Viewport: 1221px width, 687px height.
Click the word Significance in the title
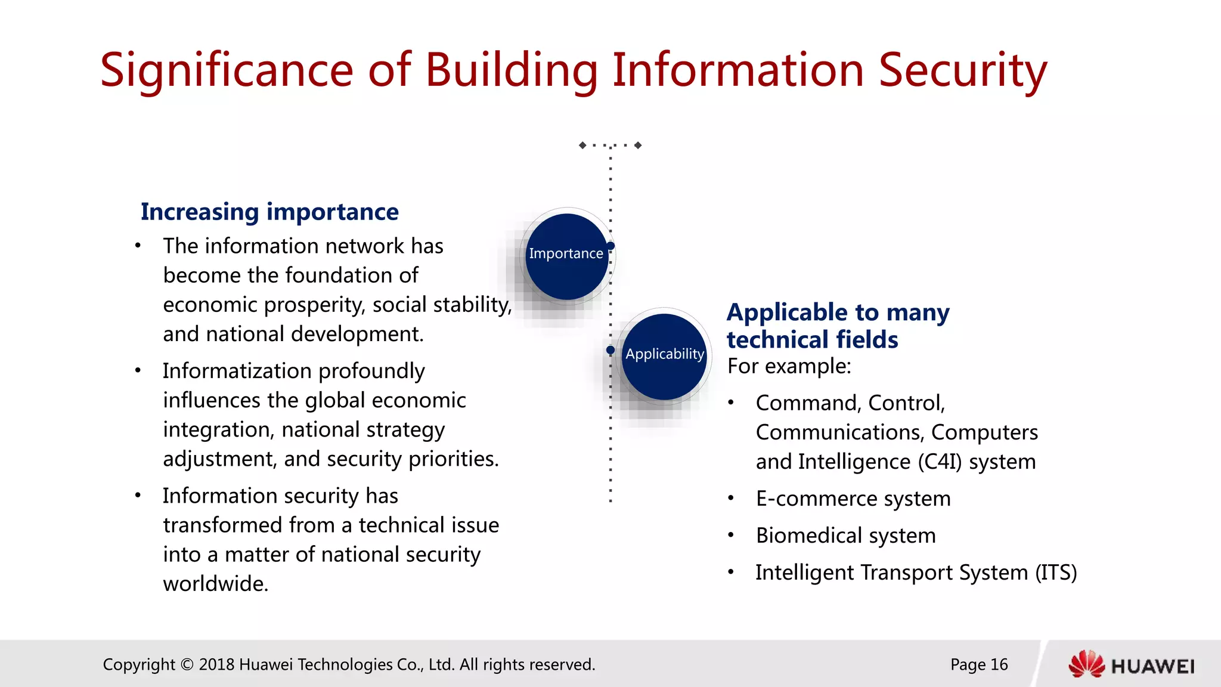(227, 70)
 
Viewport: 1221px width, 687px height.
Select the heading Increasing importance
(269, 212)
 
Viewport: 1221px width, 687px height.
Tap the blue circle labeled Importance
(566, 256)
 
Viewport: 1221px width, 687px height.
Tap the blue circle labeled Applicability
(664, 357)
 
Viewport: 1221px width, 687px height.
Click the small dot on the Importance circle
(610, 246)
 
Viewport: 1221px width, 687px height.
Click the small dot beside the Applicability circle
(610, 350)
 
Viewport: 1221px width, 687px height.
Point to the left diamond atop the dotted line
(582, 145)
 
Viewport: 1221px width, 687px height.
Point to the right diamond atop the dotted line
(638, 145)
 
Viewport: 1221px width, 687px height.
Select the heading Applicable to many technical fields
(837, 326)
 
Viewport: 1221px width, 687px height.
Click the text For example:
(789, 366)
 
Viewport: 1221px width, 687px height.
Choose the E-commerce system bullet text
(853, 499)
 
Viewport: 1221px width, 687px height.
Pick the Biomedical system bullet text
(845, 536)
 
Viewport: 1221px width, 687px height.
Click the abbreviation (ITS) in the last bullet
(1056, 572)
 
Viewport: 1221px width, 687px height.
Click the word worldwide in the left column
(215, 584)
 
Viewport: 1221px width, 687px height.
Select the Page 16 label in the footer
(979, 664)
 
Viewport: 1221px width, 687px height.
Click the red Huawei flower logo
(1086, 664)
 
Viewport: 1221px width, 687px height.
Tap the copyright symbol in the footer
(187, 664)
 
